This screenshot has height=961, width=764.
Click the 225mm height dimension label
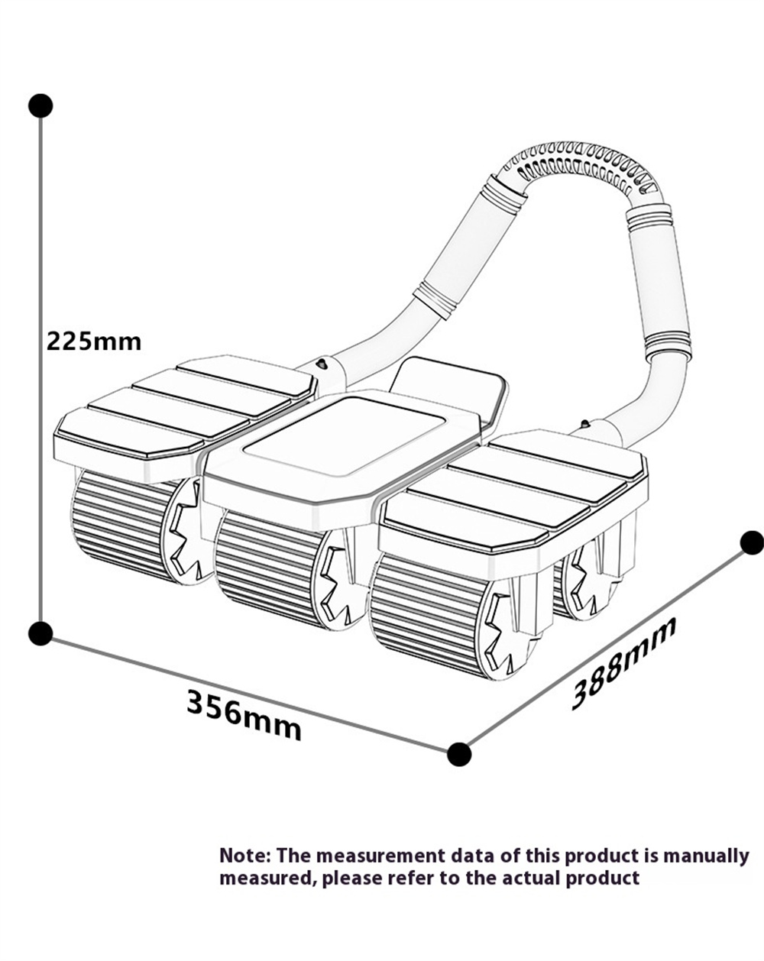(x=94, y=340)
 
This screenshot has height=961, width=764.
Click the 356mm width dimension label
(x=244, y=714)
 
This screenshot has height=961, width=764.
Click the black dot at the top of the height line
(x=40, y=105)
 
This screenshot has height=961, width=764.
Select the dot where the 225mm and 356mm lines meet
(x=40, y=633)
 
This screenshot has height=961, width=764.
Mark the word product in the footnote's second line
(x=602, y=878)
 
